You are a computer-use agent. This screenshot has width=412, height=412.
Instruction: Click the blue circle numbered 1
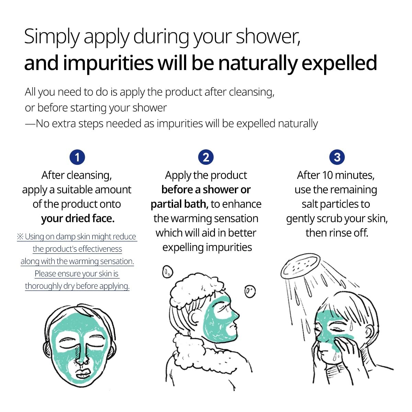(77, 157)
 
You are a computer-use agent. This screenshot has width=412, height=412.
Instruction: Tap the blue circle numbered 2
(206, 157)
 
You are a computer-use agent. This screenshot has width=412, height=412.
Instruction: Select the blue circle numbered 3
(337, 157)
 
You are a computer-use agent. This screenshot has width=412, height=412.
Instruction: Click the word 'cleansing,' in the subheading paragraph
(252, 92)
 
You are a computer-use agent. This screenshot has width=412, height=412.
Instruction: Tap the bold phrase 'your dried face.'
(78, 218)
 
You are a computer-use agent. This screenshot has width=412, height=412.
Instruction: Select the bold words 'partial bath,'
(179, 204)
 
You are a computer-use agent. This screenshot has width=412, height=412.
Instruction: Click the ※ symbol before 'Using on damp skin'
(20, 237)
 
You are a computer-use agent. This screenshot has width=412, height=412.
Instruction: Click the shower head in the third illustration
(300, 266)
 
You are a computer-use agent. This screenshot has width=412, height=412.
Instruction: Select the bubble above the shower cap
(168, 272)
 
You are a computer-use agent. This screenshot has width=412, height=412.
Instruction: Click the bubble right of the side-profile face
(250, 291)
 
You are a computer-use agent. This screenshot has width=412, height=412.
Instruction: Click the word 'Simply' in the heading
(52, 36)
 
